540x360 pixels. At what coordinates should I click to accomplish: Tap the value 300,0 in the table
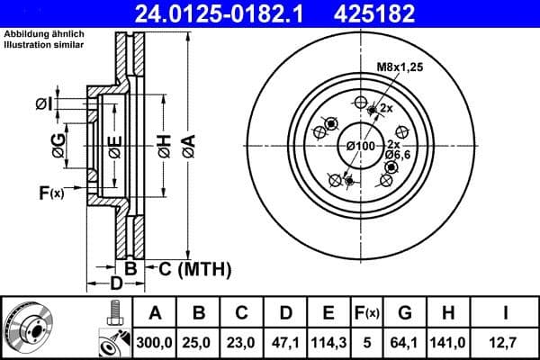coord(155,342)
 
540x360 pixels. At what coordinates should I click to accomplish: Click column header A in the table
coord(155,314)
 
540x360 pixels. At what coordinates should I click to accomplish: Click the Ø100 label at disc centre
coord(360,146)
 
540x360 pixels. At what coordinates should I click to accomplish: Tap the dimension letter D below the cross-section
coord(116,285)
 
